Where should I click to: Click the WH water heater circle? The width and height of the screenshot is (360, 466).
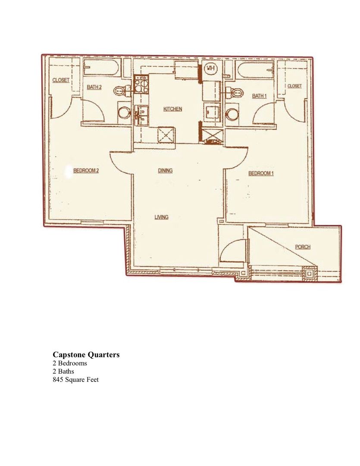[x=210, y=69]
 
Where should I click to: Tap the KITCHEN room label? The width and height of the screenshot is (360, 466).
[x=172, y=109]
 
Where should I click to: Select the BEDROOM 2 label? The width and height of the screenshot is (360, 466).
[x=86, y=170]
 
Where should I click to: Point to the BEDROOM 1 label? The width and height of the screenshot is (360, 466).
[x=261, y=173]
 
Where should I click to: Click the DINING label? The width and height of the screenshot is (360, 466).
[x=165, y=170]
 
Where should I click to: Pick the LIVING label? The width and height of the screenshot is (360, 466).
[x=161, y=217]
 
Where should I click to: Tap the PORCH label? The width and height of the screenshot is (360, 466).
[x=303, y=247]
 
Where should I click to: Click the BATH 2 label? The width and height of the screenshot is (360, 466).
[x=94, y=87]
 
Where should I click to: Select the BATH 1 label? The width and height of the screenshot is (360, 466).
[x=259, y=96]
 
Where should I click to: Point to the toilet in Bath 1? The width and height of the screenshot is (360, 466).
[x=234, y=92]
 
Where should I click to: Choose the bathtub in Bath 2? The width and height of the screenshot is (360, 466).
[x=101, y=68]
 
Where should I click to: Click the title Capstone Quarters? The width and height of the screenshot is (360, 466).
[x=86, y=355]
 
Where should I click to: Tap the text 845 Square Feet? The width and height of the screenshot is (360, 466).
[x=76, y=380]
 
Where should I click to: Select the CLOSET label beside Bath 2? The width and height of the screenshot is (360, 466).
[x=61, y=80]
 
